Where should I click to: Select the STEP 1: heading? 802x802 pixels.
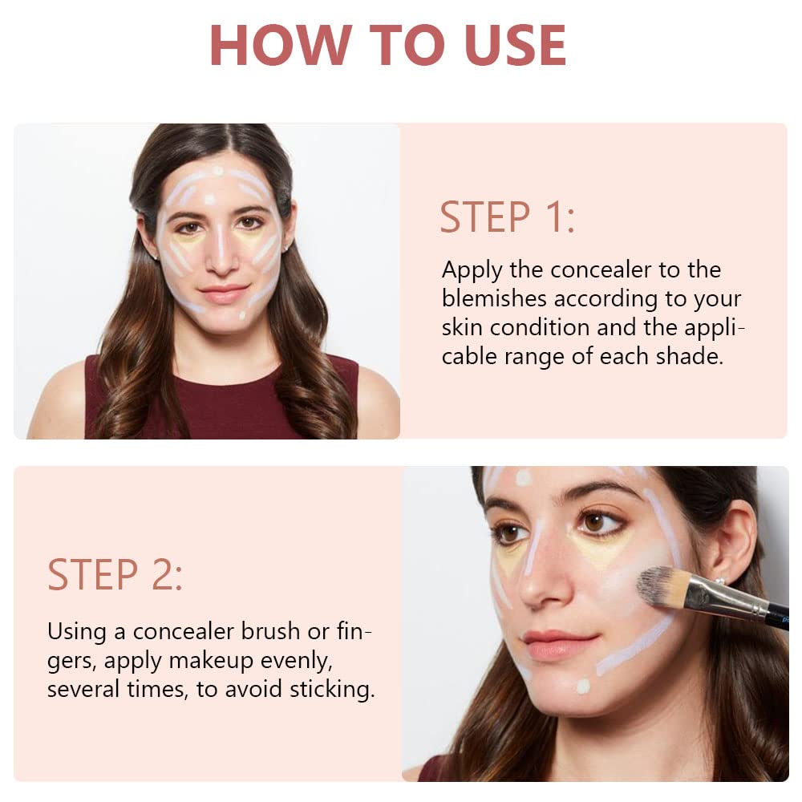(x=507, y=217)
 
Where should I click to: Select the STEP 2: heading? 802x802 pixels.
(x=115, y=575)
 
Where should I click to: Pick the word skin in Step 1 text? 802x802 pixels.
(x=463, y=327)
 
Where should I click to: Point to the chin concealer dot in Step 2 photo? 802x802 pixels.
(x=583, y=687)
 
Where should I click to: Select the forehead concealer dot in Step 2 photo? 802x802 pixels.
(x=523, y=478)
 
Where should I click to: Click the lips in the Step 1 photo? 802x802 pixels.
(x=224, y=293)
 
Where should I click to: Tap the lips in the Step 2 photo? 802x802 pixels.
(x=558, y=644)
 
